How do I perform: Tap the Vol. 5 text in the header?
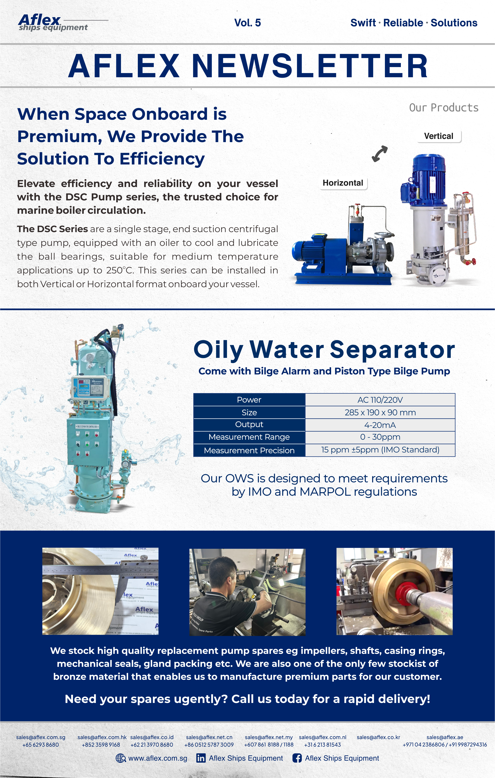click(247, 23)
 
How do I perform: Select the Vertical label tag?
click(439, 136)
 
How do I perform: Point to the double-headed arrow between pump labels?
click(380, 154)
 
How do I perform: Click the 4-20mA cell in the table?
click(380, 425)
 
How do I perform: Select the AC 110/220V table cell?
click(380, 400)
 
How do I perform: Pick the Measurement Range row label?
click(249, 437)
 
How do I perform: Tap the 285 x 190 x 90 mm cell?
click(380, 412)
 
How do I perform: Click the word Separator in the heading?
click(392, 350)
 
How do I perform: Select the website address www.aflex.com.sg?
click(158, 758)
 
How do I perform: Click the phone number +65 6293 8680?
click(41, 745)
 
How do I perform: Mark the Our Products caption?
click(444, 108)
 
